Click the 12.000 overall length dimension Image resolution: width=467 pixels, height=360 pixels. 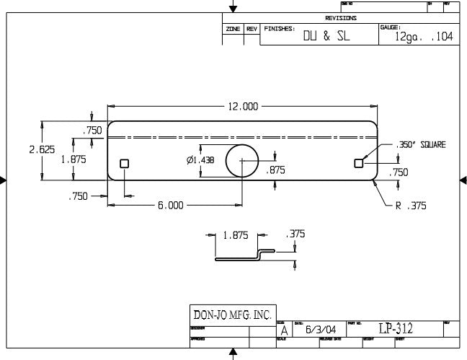[243, 107]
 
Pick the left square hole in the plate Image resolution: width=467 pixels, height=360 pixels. [125, 164]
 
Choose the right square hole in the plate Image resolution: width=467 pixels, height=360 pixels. [358, 164]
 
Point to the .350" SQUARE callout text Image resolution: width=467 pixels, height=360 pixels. [421, 145]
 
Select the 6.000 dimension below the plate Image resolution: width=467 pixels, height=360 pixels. [170, 206]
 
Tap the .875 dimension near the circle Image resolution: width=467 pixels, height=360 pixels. [275, 170]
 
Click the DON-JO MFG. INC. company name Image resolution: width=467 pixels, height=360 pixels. [232, 315]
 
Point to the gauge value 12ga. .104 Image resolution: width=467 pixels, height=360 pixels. [424, 38]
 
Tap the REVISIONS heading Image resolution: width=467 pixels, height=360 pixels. [341, 18]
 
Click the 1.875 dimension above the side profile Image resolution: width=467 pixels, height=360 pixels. [236, 235]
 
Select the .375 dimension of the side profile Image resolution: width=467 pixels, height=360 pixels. [295, 234]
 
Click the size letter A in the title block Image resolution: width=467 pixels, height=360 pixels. [284, 330]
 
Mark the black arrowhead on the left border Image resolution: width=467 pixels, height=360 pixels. [3, 180]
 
